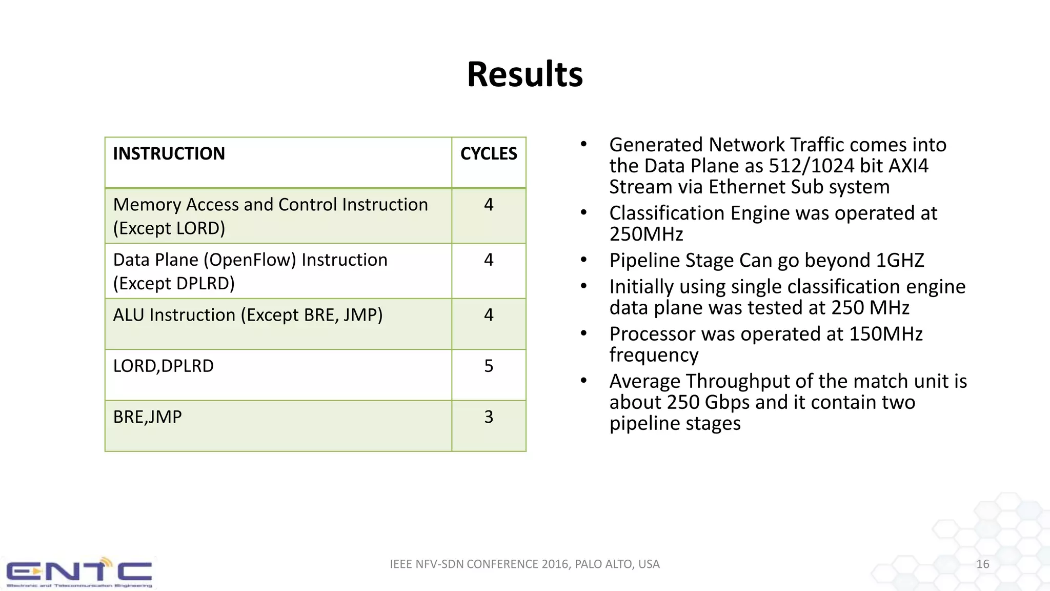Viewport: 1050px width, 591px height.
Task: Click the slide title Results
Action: click(524, 75)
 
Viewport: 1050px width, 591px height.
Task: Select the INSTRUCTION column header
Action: click(169, 154)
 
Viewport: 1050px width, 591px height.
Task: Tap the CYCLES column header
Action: click(488, 154)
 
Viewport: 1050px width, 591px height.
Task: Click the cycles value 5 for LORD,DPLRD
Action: click(488, 366)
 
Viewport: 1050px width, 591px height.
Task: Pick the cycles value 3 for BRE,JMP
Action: click(488, 417)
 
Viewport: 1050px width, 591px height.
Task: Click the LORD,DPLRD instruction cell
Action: click(163, 366)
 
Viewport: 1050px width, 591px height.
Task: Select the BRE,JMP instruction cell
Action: click(147, 417)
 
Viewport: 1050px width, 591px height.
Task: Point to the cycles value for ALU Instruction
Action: click(488, 315)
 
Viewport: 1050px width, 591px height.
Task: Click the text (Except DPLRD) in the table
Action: click(174, 284)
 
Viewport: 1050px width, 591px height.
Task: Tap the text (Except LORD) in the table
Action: click(169, 229)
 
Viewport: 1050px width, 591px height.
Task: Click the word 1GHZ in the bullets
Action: click(900, 261)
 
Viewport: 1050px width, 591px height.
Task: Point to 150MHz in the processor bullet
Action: click(885, 334)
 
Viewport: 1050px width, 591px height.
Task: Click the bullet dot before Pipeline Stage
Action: click(583, 260)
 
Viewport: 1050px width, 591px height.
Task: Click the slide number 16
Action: click(982, 564)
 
